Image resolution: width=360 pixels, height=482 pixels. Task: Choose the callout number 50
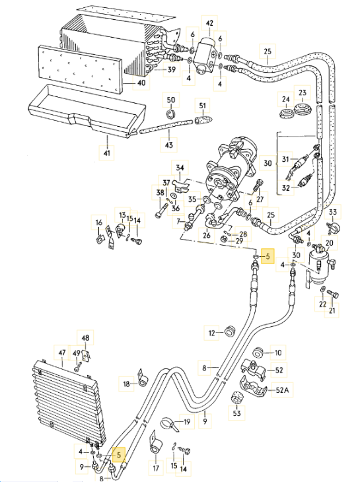point(170,100)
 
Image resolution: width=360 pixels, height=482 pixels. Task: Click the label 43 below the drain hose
point(169,145)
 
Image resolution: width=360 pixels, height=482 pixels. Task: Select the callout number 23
point(303,92)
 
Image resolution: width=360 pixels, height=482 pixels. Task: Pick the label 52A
point(283,390)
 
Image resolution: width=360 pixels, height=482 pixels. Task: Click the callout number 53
point(235,413)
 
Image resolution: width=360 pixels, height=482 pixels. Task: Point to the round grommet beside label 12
point(231,331)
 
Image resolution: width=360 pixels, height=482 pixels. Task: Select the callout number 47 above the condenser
point(62,353)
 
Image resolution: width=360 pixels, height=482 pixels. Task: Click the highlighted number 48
point(85,337)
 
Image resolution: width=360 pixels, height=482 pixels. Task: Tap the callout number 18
point(126,383)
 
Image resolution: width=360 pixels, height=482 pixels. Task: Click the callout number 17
point(156,469)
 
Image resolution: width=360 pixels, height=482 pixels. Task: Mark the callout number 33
point(333,212)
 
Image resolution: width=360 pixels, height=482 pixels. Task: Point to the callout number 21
point(332,310)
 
